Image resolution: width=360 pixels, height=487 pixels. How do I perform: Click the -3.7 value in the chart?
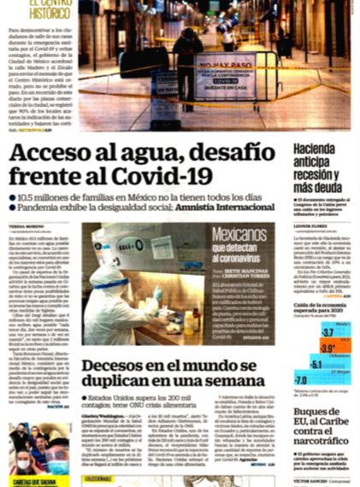[328, 332]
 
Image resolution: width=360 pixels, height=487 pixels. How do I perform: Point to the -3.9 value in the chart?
[326, 347]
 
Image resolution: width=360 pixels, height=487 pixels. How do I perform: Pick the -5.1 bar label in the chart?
[316, 364]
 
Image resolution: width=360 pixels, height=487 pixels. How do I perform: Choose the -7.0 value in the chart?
[301, 379]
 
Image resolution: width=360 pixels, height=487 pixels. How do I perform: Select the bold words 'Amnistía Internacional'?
[219, 208]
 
